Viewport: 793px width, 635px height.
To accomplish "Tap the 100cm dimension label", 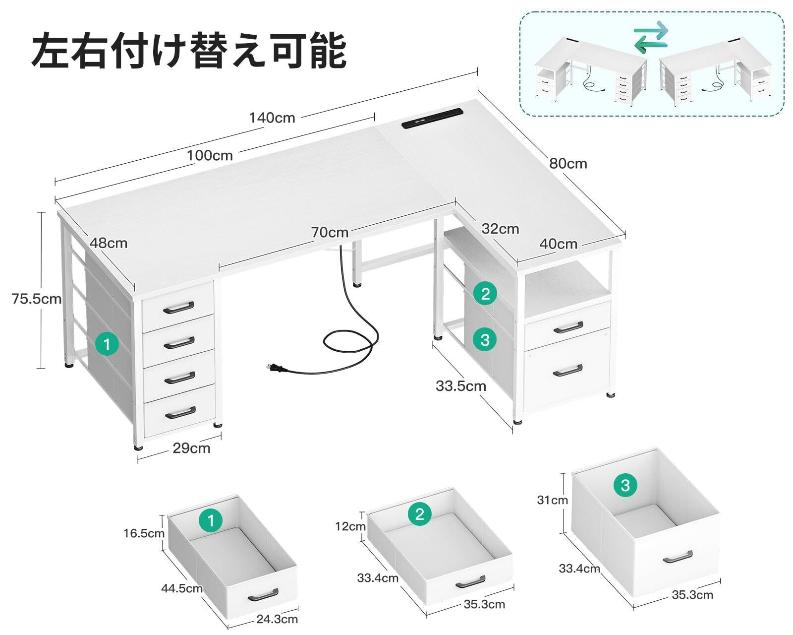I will point(210,155).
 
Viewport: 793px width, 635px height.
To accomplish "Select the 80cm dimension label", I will point(568,163).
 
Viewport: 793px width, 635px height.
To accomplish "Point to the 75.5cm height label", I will point(37,299).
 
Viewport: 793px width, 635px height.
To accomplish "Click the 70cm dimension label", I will point(330,232).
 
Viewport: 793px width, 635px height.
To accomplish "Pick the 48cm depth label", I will point(109,243).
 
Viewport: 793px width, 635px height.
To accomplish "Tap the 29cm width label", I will point(191,448).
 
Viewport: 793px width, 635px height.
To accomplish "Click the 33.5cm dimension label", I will point(461,385).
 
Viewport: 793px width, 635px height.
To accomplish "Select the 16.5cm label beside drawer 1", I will point(144,533).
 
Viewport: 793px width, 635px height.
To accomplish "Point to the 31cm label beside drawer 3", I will point(552,500).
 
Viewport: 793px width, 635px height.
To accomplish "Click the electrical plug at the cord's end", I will point(274,368).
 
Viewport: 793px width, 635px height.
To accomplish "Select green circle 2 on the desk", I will point(485,294).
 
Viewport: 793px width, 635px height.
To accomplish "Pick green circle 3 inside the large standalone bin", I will point(625,484).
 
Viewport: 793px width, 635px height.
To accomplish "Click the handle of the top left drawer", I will point(178,308).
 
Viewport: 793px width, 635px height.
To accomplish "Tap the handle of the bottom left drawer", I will point(179,412).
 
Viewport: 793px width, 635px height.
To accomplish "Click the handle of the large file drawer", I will point(568,370).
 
